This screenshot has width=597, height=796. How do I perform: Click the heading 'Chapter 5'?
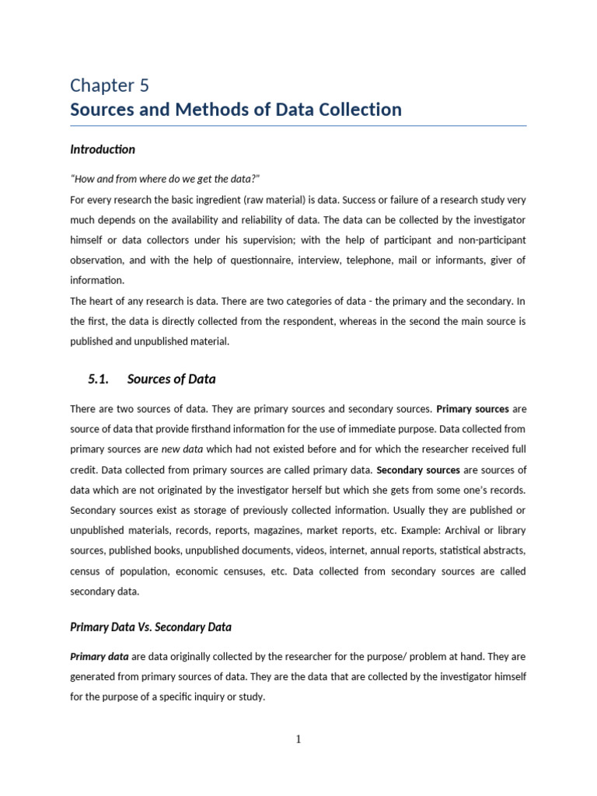110,85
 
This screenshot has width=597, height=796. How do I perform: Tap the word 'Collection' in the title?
358,110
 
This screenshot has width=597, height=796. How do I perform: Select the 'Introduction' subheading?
103,149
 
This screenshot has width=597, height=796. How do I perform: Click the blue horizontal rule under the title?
298,126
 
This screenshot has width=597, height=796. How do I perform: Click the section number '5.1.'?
99,379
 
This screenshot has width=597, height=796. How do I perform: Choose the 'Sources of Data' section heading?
171,379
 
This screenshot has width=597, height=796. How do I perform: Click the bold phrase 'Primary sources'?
473,408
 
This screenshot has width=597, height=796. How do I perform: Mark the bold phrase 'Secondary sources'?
418,470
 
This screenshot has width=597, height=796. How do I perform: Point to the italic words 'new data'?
181,449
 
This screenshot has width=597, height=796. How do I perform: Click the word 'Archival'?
466,530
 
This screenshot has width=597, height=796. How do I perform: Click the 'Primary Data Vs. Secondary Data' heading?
151,627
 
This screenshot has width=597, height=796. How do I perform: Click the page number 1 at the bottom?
298,739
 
